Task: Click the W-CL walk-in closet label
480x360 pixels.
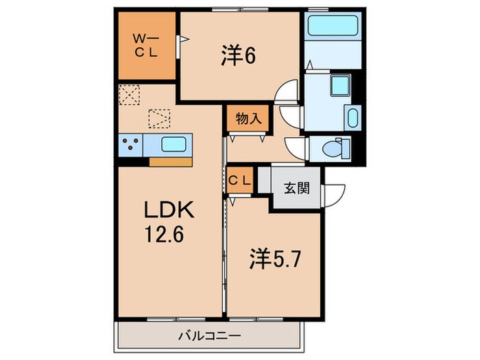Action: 146,46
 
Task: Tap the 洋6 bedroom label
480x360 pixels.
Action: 238,56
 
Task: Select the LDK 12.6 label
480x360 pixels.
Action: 169,221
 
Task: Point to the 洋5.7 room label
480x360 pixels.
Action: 275,258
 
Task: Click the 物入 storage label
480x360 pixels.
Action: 248,118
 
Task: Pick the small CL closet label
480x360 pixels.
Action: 240,180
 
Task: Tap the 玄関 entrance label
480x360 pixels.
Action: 297,188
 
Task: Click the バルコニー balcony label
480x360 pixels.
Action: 210,336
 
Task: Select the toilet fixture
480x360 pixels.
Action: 336,149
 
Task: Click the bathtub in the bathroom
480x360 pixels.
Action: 333,25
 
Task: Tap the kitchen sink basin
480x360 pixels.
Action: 173,144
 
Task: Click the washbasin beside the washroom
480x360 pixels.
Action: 353,117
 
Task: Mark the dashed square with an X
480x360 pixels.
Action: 129,95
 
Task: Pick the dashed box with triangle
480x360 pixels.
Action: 159,119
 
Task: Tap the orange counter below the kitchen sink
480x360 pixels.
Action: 171,162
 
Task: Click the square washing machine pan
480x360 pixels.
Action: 340,84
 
